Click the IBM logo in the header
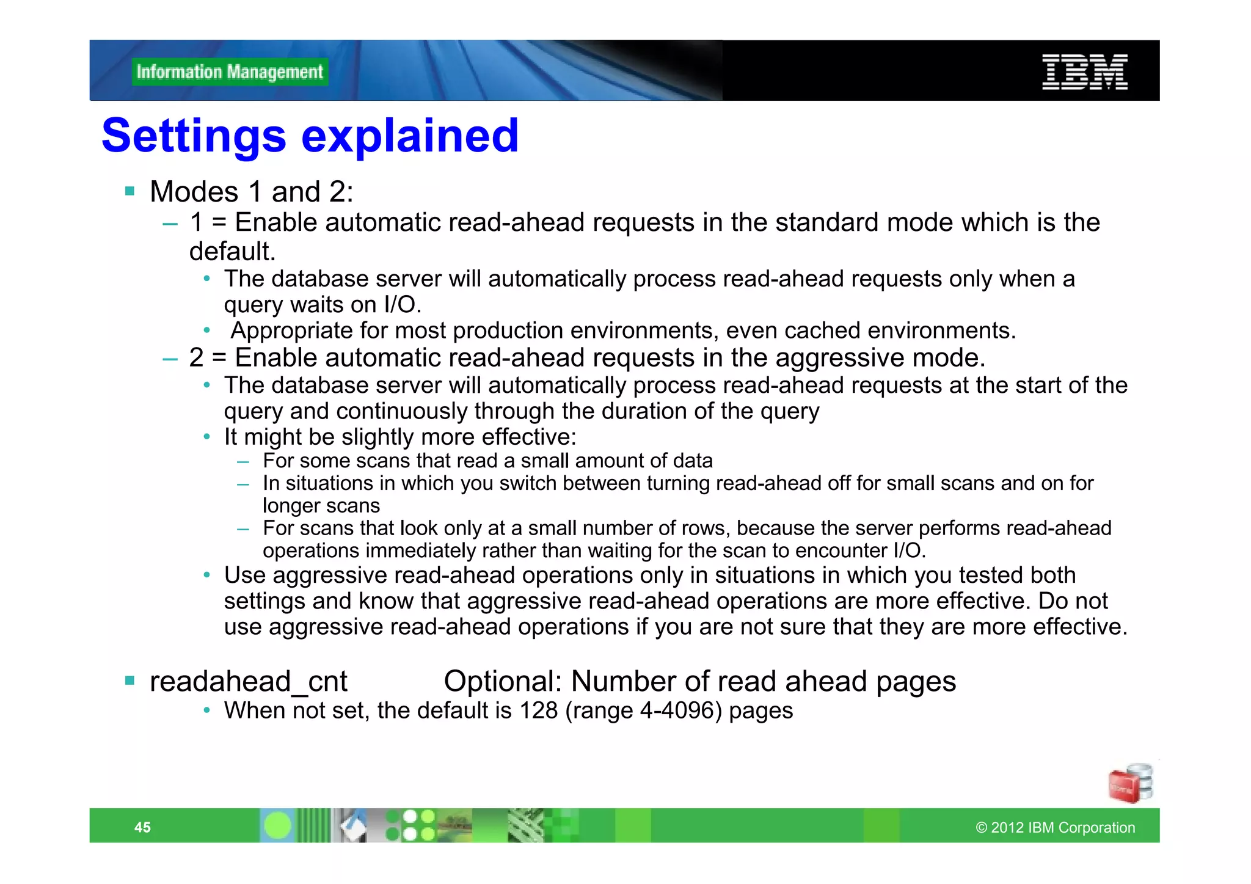[x=1084, y=72]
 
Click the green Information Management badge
[x=230, y=72]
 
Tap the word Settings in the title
[x=194, y=136]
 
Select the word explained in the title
[x=410, y=136]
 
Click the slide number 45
[x=142, y=827]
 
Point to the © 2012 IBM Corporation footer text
[x=1055, y=827]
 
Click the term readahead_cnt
[x=248, y=681]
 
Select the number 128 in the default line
[x=538, y=710]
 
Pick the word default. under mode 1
[x=232, y=251]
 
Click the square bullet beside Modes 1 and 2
[x=129, y=191]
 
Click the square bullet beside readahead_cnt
[x=129, y=681]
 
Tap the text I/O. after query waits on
[x=403, y=304]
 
